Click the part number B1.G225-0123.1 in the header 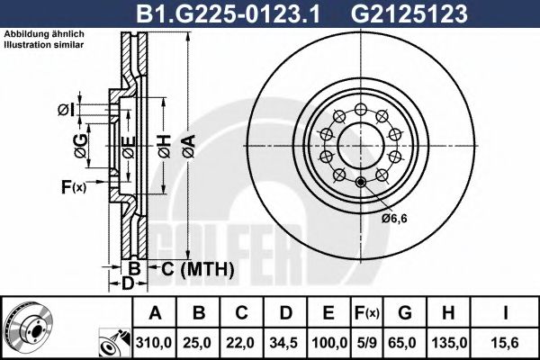pyautogui.click(x=228, y=13)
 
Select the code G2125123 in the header pyautogui.click(x=409, y=13)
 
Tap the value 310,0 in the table pyautogui.click(x=154, y=343)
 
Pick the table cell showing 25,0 pyautogui.click(x=197, y=343)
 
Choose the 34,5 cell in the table pyautogui.click(x=283, y=343)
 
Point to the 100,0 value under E pyautogui.click(x=328, y=343)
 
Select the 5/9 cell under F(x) pyautogui.click(x=367, y=343)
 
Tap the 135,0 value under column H pyautogui.click(x=449, y=343)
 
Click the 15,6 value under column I pyautogui.click(x=505, y=343)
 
